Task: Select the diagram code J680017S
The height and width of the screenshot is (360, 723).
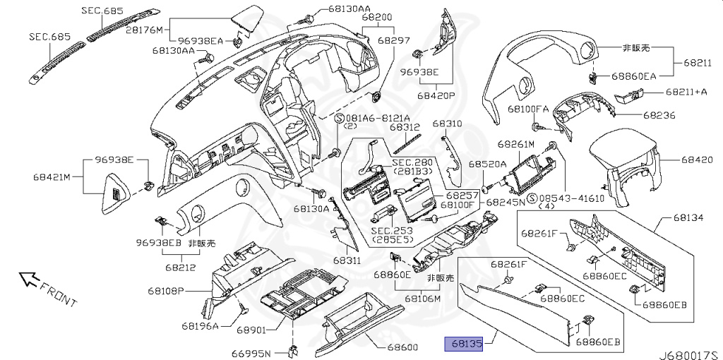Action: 688,351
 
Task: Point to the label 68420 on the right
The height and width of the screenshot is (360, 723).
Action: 698,160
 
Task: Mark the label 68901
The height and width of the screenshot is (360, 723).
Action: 251,330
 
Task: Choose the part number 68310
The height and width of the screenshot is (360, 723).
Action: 447,123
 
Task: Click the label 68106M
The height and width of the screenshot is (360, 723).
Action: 422,299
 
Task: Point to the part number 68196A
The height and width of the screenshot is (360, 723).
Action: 200,325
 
